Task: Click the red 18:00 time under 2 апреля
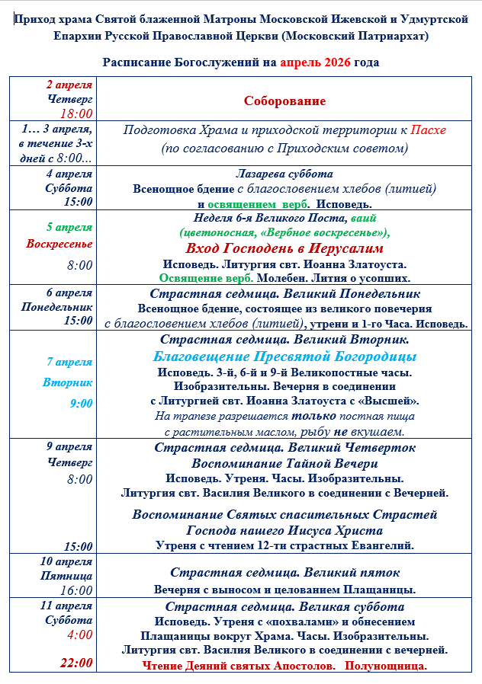(76, 113)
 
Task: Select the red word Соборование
(284, 101)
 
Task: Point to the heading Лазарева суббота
(284, 174)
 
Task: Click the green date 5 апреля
(69, 227)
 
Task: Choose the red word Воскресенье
(59, 245)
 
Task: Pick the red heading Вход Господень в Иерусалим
(284, 248)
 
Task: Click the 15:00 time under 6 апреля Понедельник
(78, 321)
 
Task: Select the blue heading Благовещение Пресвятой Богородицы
(284, 356)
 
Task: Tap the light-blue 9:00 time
(81, 404)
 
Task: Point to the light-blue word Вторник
(68, 382)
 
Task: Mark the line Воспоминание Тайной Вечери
(284, 463)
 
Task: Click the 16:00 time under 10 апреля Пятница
(76, 590)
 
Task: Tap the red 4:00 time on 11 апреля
(80, 634)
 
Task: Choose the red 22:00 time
(76, 663)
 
